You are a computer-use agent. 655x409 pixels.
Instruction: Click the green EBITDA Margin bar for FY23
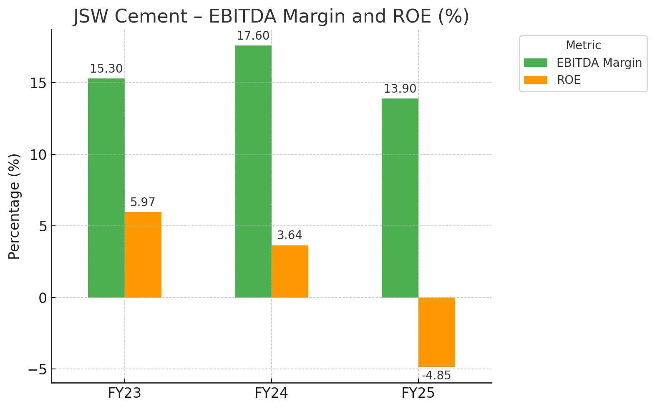coord(106,188)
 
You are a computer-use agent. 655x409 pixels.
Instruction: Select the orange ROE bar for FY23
coord(143,255)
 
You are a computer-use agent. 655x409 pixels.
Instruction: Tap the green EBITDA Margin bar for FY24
coord(253,171)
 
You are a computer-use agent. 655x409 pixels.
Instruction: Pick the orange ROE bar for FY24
coord(290,271)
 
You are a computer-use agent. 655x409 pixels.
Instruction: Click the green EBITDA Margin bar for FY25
coord(400,198)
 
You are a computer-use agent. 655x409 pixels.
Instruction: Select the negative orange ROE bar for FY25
coord(436,332)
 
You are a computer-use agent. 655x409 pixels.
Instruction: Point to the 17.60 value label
coord(253,36)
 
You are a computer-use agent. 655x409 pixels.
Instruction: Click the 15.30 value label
coord(106,69)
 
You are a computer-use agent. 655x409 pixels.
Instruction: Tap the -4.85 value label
coord(436,376)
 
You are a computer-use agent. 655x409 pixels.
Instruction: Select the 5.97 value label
coord(143,202)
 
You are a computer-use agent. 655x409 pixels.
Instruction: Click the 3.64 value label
coord(290,235)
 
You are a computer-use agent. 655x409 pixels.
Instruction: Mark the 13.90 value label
coord(400,89)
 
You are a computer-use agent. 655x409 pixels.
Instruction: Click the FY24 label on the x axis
coord(271,393)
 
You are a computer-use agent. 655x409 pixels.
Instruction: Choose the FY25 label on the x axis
coord(418,393)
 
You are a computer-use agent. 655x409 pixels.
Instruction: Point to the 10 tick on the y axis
coord(38,155)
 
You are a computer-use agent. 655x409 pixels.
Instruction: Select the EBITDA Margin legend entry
coord(599,63)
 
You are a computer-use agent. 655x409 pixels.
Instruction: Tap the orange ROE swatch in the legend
coord(536,80)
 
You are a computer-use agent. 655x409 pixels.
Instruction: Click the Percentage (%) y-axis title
coord(14,207)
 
